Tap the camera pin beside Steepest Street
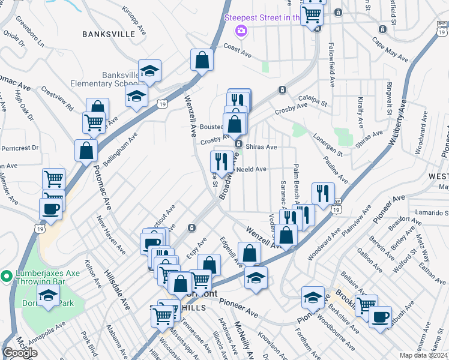click(241, 30)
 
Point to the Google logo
click(20, 353)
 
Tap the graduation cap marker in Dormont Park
click(48, 296)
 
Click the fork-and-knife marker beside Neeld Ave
click(221, 161)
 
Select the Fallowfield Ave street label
click(331, 67)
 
